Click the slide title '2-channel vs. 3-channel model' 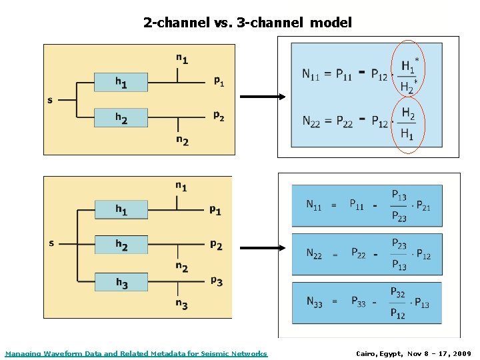coord(247,23)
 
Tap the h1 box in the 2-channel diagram coord(121,83)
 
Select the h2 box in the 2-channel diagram coord(121,117)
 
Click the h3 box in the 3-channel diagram coord(121,283)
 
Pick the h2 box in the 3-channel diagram coord(121,245)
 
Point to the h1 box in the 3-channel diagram coord(121,210)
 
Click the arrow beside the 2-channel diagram coord(262,97)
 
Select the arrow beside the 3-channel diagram coord(262,248)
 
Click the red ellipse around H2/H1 coord(407,125)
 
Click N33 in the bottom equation coord(314,302)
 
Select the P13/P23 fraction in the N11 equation coord(399,205)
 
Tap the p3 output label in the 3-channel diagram coord(217,281)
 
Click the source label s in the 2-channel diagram coord(50,101)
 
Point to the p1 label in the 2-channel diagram coord(219,81)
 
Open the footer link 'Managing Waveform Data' coord(136,353)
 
